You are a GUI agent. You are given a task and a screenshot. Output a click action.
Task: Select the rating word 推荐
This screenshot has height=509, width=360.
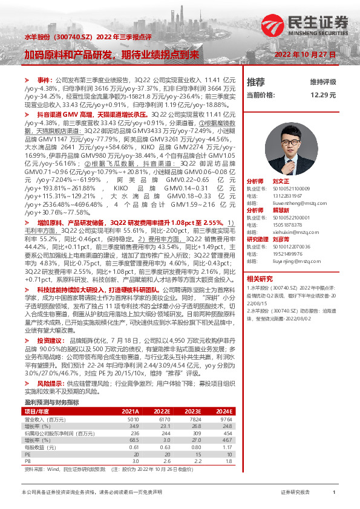(x=256, y=82)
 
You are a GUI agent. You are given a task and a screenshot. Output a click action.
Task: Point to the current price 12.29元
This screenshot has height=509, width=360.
(x=322, y=95)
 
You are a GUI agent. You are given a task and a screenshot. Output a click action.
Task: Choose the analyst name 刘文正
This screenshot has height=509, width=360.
(x=280, y=164)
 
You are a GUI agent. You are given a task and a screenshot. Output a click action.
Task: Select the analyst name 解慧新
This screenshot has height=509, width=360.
(x=280, y=195)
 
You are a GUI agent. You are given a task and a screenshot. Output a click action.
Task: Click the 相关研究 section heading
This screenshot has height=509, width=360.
(x=260, y=261)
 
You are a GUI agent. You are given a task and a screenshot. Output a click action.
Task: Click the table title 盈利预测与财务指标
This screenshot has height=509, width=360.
(x=51, y=402)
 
